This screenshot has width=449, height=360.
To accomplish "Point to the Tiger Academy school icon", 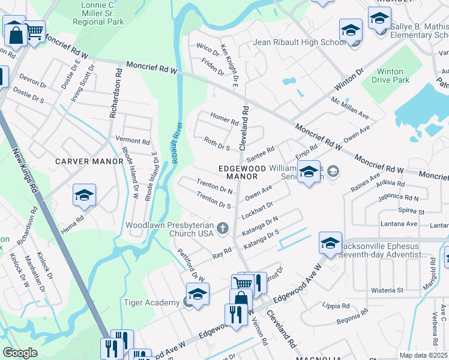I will (197, 295).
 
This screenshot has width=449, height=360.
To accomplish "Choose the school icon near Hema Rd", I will (85, 196).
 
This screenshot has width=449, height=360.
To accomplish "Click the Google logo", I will (20, 352).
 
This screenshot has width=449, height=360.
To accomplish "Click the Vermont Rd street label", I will (133, 141).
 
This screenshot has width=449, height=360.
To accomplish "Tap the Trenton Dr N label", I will (215, 185).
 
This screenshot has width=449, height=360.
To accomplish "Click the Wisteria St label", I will (386, 290).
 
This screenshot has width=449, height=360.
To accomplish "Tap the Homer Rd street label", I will (224, 118).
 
